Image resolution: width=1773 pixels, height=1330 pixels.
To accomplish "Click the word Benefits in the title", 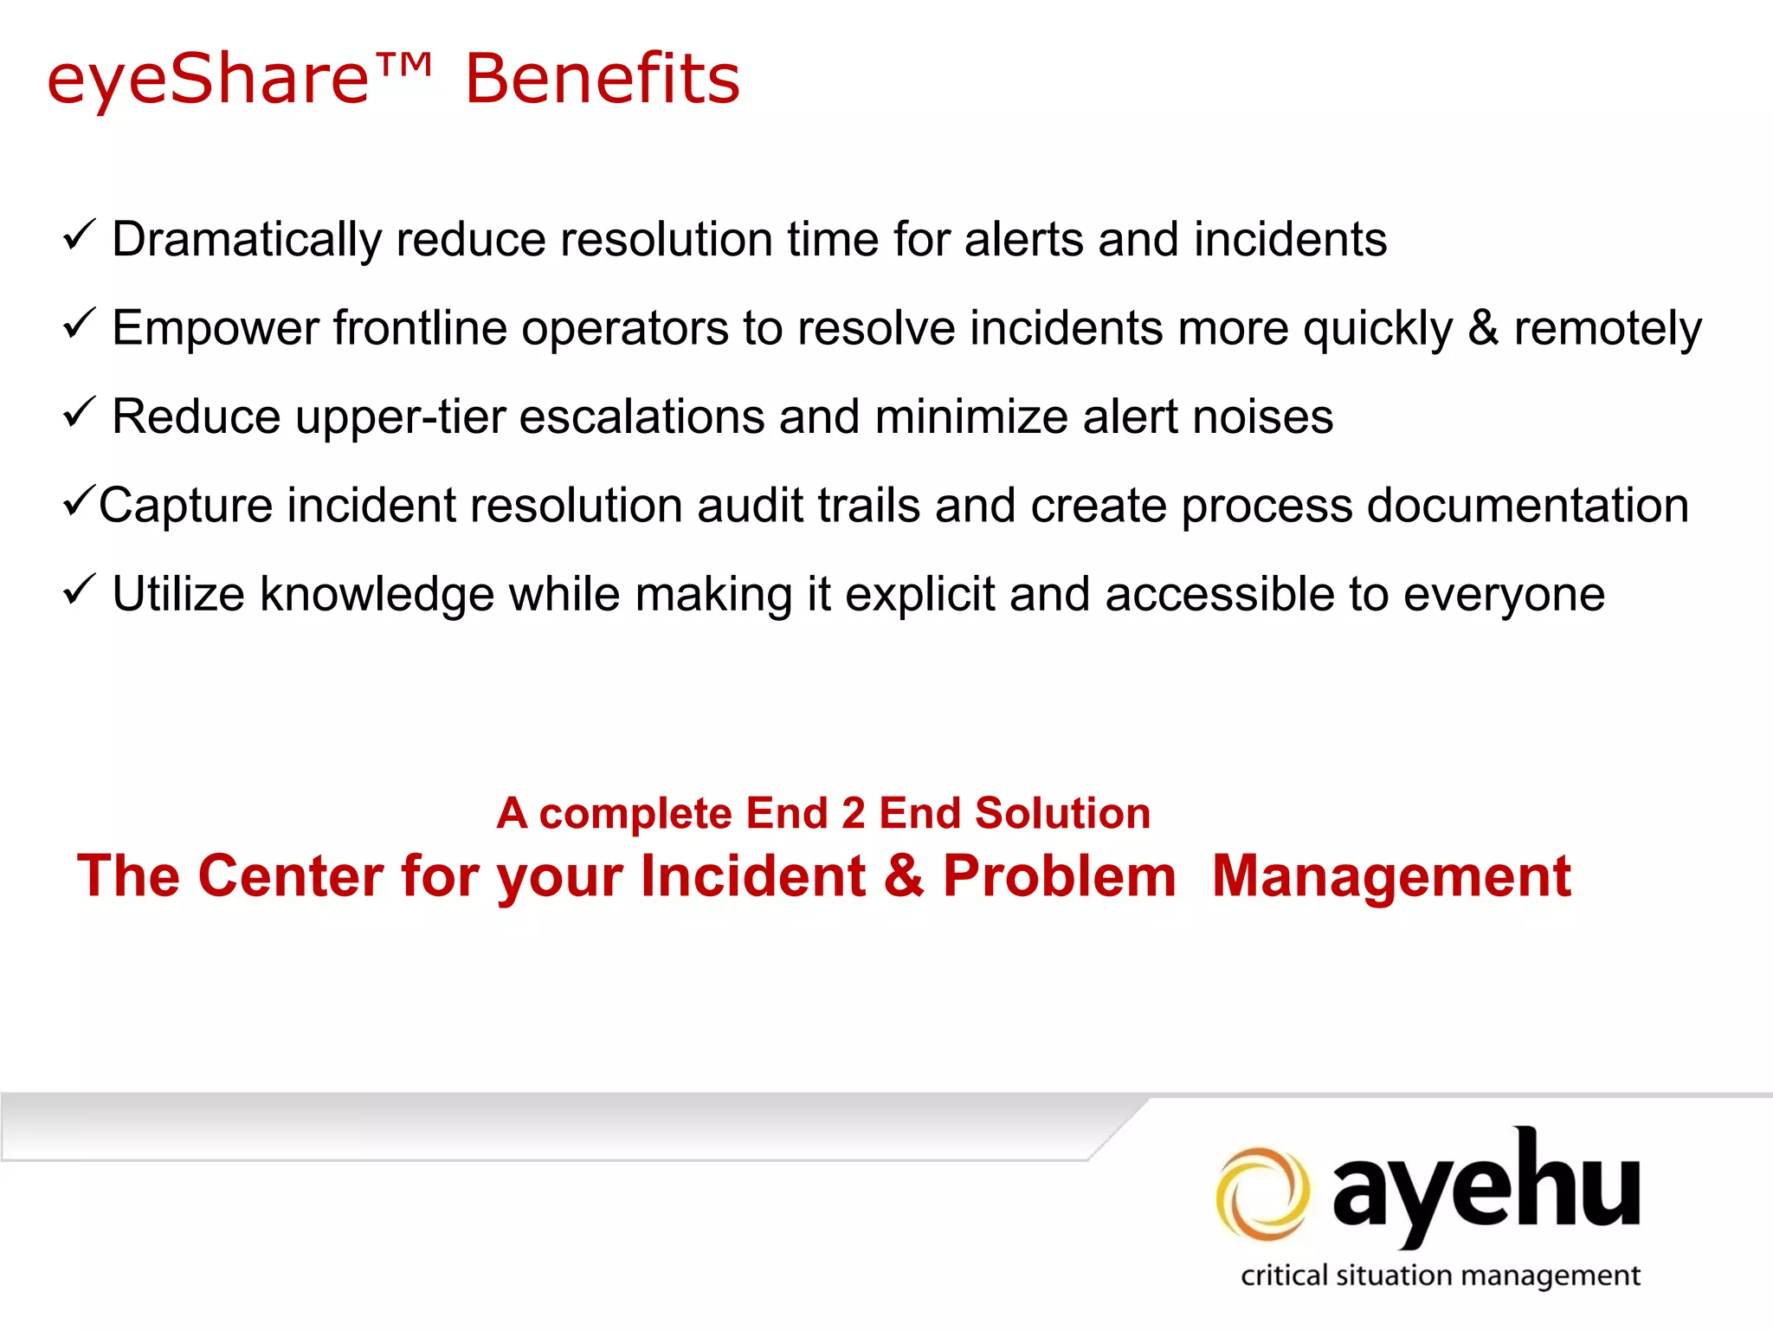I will click(603, 79).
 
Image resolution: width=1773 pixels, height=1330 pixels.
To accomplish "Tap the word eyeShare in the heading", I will click(209, 79).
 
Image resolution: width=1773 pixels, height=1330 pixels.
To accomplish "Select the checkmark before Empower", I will click(79, 324).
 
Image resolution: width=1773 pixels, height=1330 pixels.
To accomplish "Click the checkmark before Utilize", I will click(79, 591).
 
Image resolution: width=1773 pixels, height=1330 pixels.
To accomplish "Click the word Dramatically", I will click(247, 240).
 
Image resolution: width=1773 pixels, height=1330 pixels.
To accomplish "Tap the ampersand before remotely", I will click(1483, 328).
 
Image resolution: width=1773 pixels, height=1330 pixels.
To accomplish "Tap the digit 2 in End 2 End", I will click(854, 814).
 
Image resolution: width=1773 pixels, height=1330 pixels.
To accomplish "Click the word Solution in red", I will click(1062, 814).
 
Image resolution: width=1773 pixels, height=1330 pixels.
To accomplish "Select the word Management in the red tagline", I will click(1391, 876).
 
